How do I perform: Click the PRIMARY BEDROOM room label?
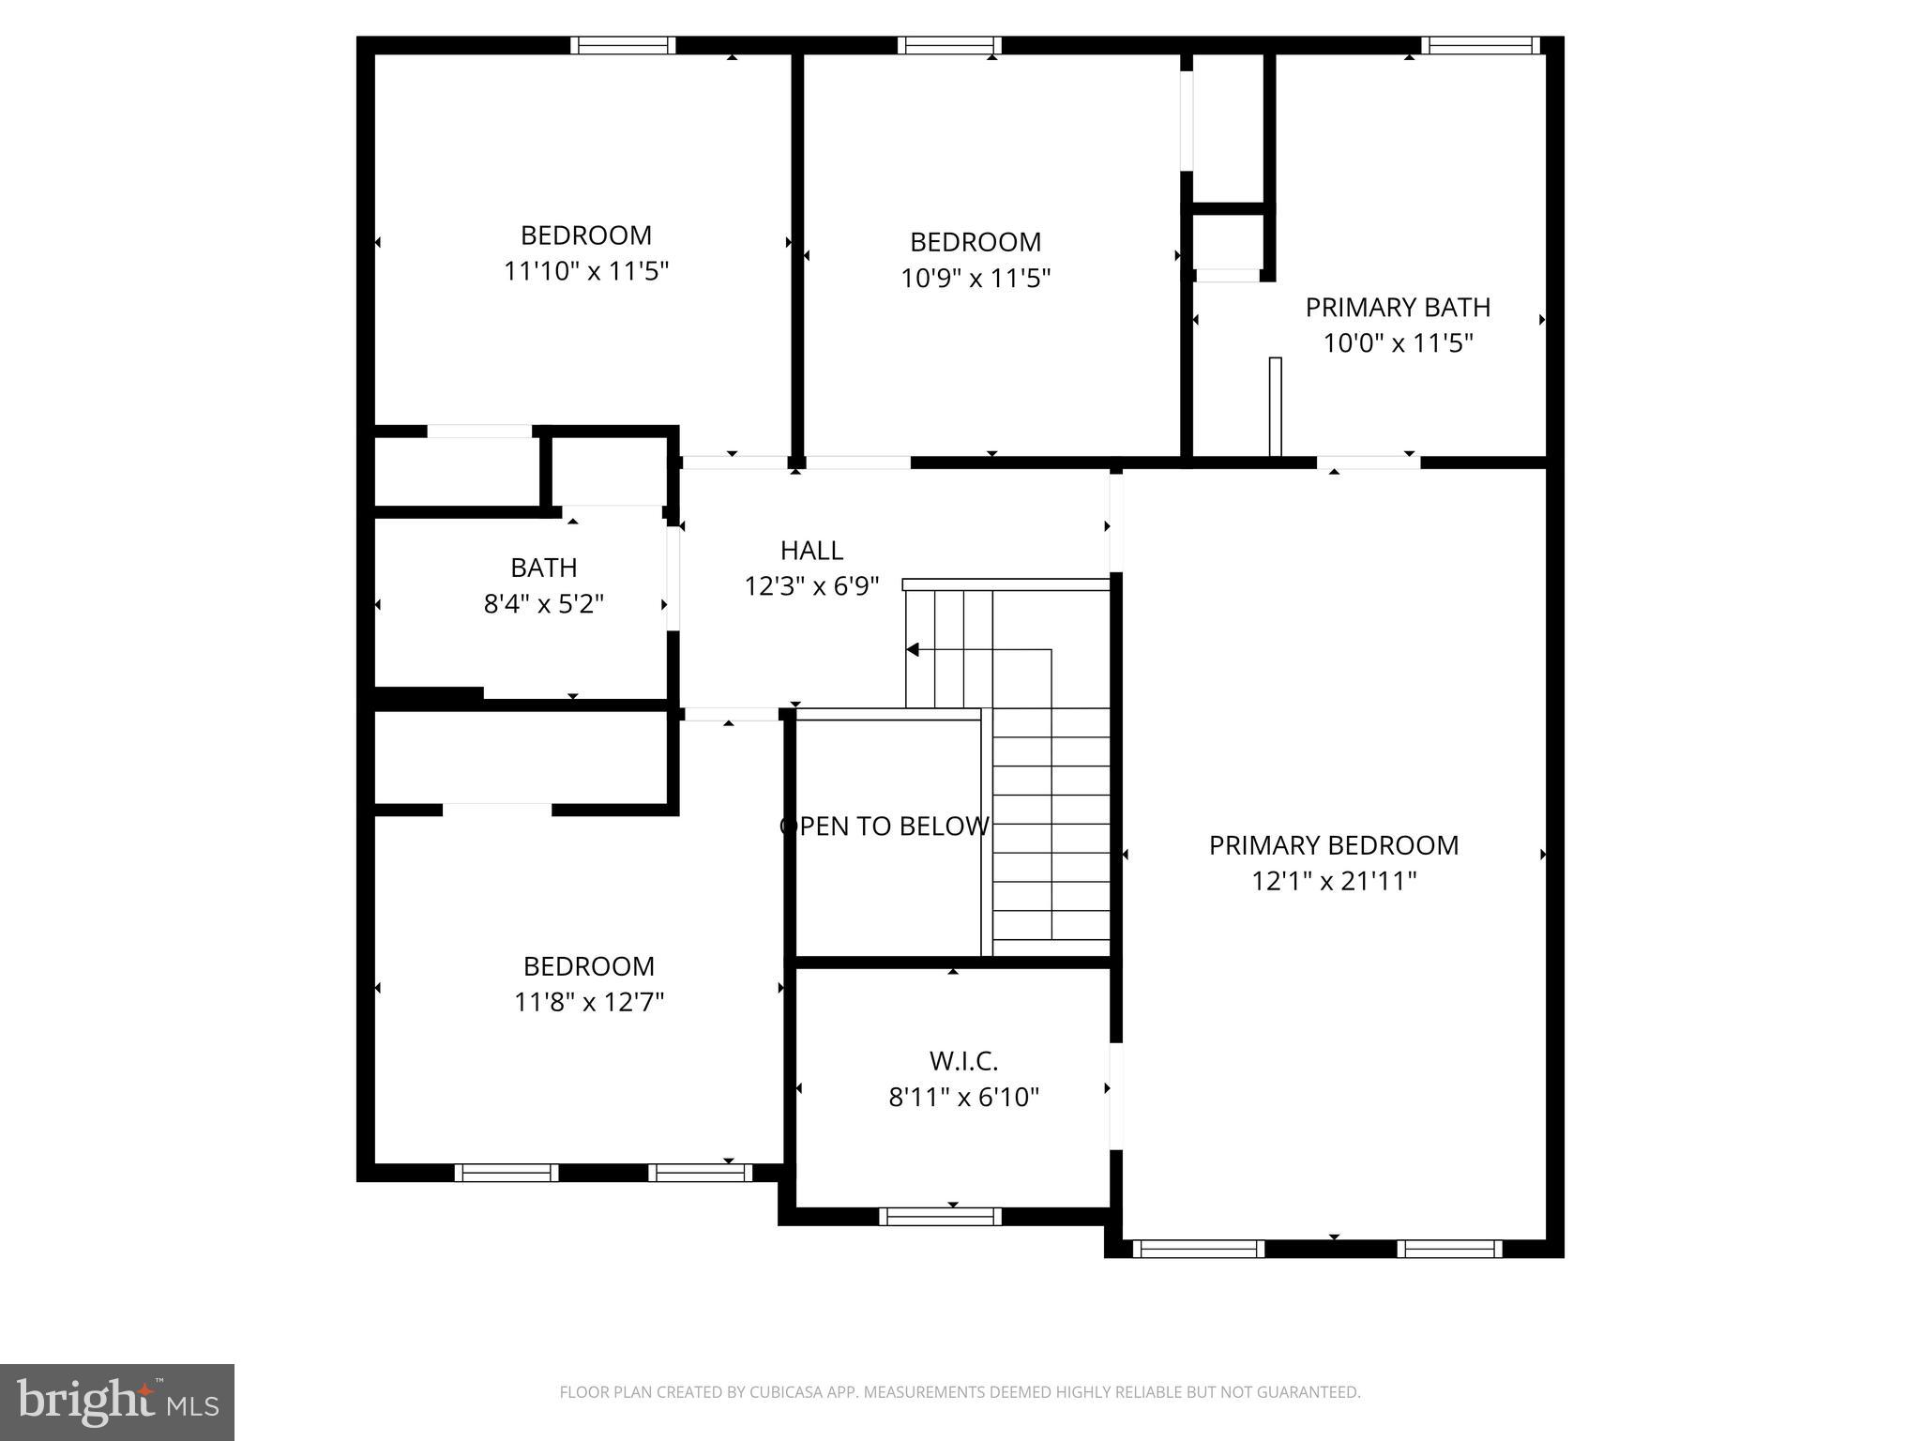click(x=1333, y=845)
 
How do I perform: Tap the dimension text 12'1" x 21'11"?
click(x=1333, y=882)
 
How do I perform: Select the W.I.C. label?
click(x=963, y=1061)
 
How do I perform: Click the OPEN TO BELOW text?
click(x=884, y=827)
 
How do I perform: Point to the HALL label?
click(x=811, y=550)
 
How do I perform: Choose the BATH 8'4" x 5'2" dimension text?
click(x=543, y=604)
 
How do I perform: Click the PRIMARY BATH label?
click(x=1398, y=308)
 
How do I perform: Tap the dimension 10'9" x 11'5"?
click(x=976, y=279)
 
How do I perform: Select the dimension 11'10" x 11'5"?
click(x=586, y=272)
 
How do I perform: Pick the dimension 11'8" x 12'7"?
click(x=589, y=1003)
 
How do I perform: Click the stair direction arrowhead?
click(x=912, y=649)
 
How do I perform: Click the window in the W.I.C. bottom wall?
click(x=940, y=1217)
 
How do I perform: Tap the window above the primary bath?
click(x=1479, y=45)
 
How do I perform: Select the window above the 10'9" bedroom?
click(x=949, y=45)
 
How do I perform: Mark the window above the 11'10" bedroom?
click(x=623, y=45)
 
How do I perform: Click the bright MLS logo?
click(x=117, y=1403)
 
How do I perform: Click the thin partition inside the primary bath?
click(x=1275, y=406)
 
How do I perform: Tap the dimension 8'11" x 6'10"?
click(x=963, y=1098)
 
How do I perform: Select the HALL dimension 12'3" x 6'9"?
click(x=811, y=586)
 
